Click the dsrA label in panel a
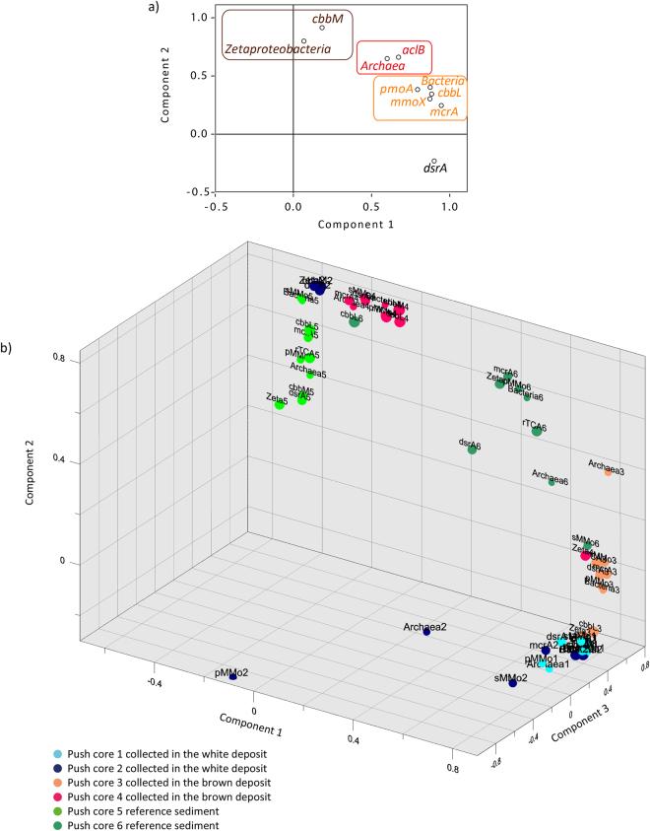coord(435,169)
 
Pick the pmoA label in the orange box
coord(396,89)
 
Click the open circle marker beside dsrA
coord(434,161)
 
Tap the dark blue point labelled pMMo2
coord(232,677)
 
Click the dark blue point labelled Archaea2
coord(426,633)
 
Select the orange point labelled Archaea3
coord(609,472)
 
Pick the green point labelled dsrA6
coord(473,450)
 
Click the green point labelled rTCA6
coord(537,431)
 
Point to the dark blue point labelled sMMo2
coord(513,682)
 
